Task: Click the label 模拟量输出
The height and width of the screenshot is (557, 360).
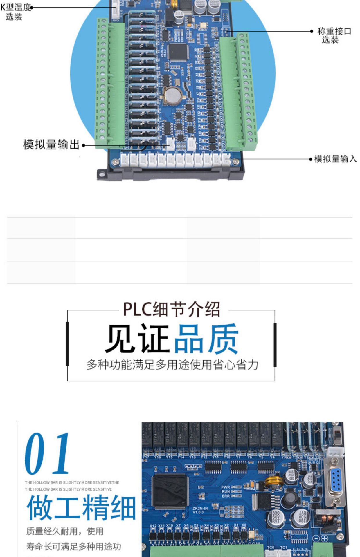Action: pos(51,144)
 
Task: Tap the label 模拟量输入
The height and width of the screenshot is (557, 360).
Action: pos(335,159)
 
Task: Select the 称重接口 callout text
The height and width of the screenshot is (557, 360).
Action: pos(334,35)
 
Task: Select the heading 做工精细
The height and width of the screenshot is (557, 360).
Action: pos(81,508)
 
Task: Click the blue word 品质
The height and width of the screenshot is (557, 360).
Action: pos(206,339)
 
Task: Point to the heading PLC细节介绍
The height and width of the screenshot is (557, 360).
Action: pos(171,309)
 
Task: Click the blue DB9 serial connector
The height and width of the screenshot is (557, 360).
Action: pos(336,480)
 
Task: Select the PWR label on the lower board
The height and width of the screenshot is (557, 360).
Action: pos(225,487)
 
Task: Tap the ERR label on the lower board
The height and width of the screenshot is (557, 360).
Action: pos(226,496)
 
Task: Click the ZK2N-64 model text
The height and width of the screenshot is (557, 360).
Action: pos(200,509)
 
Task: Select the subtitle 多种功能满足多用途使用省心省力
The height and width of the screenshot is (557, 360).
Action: pos(172,365)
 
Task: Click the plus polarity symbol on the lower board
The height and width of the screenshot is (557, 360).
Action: pos(324,538)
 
